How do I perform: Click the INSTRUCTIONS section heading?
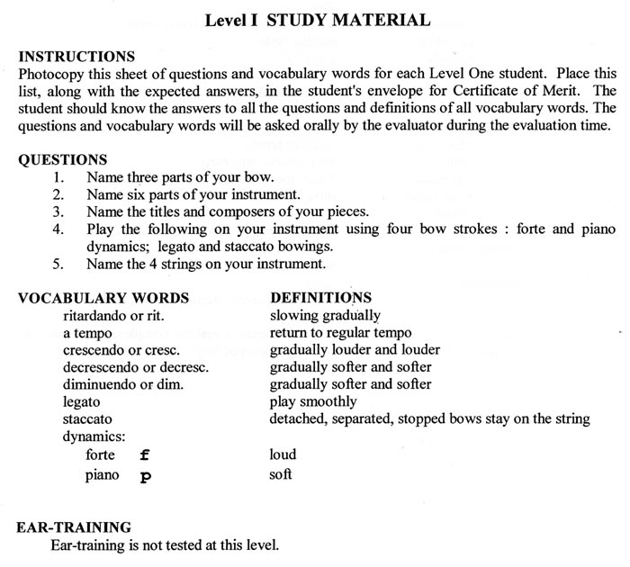point(76,57)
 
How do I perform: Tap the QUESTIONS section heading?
point(63,160)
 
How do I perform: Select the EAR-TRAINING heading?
point(75,526)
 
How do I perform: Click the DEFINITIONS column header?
point(321,297)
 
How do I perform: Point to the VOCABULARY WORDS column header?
point(103,298)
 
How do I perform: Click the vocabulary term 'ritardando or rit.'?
point(113,316)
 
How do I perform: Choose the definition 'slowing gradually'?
point(325,316)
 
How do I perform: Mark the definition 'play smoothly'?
point(313,401)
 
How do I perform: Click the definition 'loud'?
point(283,455)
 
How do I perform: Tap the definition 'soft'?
point(281,474)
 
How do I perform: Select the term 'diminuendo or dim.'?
point(123,384)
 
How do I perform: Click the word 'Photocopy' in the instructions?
point(50,74)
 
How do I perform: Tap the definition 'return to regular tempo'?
point(341,333)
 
